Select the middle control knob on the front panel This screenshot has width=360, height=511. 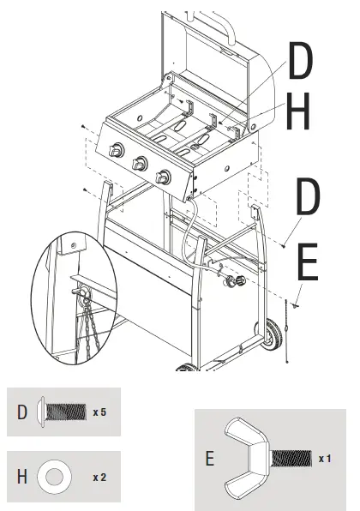coord(138,164)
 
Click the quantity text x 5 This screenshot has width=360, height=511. coord(100,412)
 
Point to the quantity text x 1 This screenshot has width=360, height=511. coord(325,459)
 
